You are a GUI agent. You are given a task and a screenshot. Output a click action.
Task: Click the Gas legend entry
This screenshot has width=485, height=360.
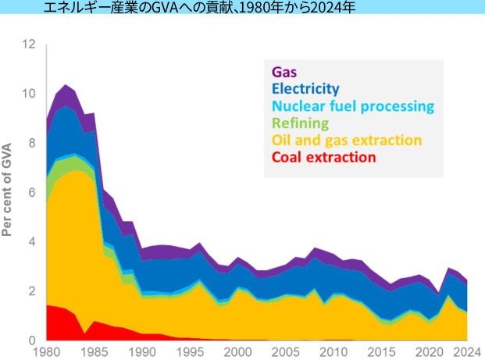[x=284, y=71]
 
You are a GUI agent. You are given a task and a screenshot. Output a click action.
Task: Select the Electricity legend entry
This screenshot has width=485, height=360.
[x=305, y=88]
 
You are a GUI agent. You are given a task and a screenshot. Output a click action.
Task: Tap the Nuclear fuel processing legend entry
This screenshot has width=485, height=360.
[x=352, y=105]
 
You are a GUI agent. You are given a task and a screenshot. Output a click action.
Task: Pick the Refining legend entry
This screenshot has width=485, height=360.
[x=300, y=123]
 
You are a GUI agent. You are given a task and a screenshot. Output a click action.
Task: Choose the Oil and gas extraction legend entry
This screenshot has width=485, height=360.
[x=347, y=140]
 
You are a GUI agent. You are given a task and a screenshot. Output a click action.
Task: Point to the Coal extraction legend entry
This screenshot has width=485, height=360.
[x=323, y=157]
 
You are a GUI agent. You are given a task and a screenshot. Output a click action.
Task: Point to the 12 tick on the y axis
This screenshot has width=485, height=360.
[x=30, y=44]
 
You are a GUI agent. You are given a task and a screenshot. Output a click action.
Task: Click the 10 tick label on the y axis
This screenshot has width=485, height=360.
[x=30, y=94]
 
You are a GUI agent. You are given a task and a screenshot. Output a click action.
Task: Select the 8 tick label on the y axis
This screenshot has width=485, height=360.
[x=33, y=143]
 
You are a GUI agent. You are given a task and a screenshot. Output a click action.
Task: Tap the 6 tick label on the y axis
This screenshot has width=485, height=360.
[x=33, y=192]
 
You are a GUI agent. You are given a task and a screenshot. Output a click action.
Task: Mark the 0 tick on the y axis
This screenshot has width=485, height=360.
[x=33, y=340]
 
